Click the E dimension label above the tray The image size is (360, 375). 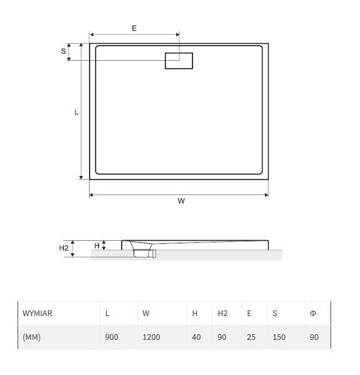[x=134, y=28]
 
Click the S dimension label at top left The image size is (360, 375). [x=63, y=51]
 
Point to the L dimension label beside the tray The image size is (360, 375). [x=77, y=112]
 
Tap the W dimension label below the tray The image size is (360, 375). [x=181, y=201]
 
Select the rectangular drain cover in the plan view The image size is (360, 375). [x=179, y=61]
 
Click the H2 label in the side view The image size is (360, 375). [x=63, y=248]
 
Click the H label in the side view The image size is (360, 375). [x=97, y=246]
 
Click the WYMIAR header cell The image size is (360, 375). [x=38, y=313]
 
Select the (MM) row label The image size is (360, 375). [x=31, y=337]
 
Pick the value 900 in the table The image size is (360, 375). [x=112, y=337]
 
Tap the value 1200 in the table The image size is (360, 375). [x=151, y=337]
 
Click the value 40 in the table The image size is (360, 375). [x=196, y=337]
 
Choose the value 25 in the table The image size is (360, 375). [x=251, y=337]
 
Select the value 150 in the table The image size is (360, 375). [x=279, y=337]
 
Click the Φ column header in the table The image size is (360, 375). [x=313, y=313]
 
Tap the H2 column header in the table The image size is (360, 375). [x=223, y=313]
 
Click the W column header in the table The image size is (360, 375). [x=146, y=313]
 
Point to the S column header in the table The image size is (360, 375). [x=275, y=313]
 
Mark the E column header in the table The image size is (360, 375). [x=249, y=313]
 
